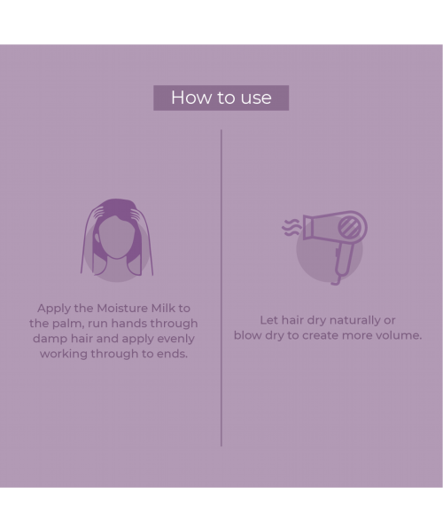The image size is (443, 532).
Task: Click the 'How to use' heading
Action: click(221, 98)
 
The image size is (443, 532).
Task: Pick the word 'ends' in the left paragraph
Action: click(172, 354)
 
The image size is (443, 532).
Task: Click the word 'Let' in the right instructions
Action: click(269, 320)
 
